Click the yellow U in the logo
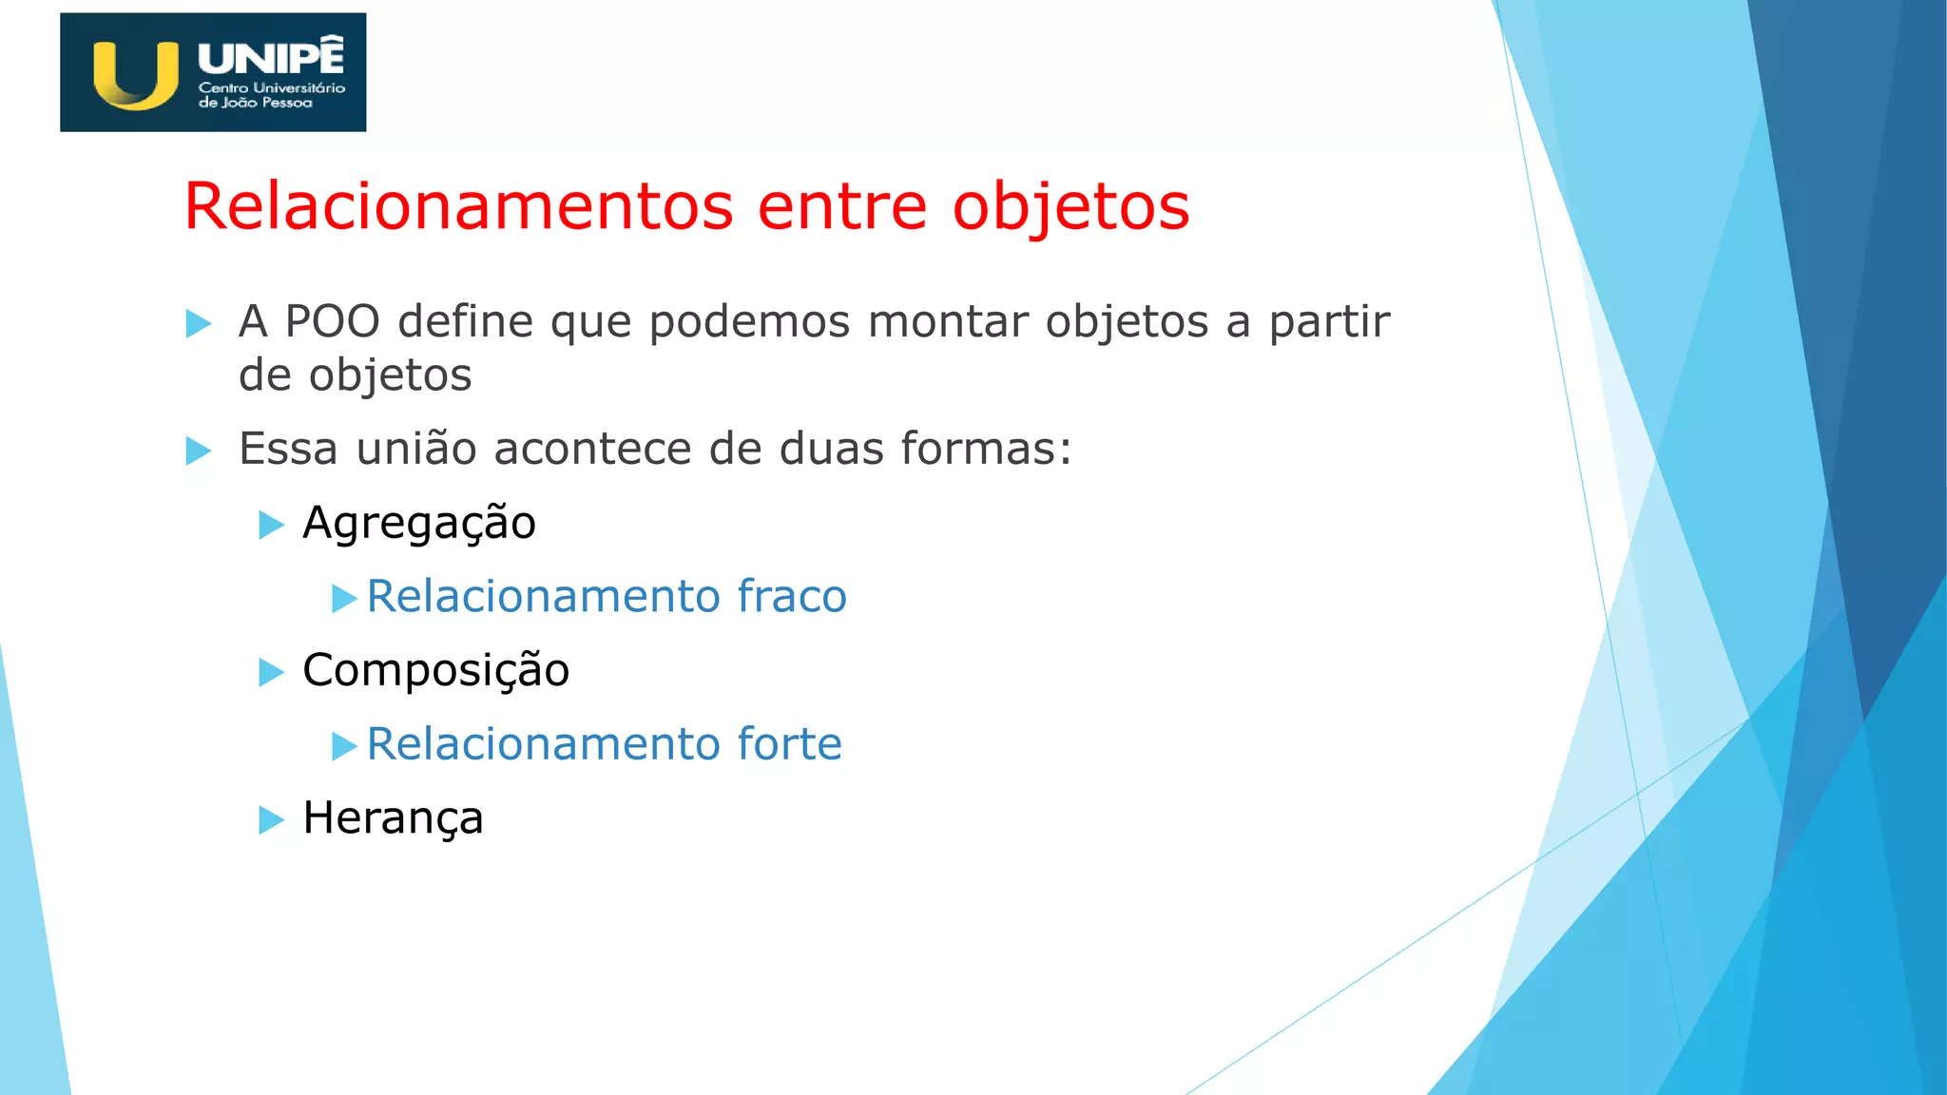[x=135, y=76]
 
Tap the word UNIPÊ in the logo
[x=271, y=57]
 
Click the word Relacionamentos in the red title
[x=459, y=206]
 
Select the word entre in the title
[x=842, y=206]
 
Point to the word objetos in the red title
[x=1071, y=208]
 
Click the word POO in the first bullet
[x=333, y=321]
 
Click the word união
[x=416, y=448]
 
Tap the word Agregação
[x=419, y=524]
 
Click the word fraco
[x=792, y=596]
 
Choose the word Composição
[x=436, y=671]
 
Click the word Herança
[x=394, y=818]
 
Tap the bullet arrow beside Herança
[x=272, y=819]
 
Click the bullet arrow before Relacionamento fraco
[x=344, y=598]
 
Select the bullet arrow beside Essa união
[x=199, y=451]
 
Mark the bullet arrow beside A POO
[x=199, y=323]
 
